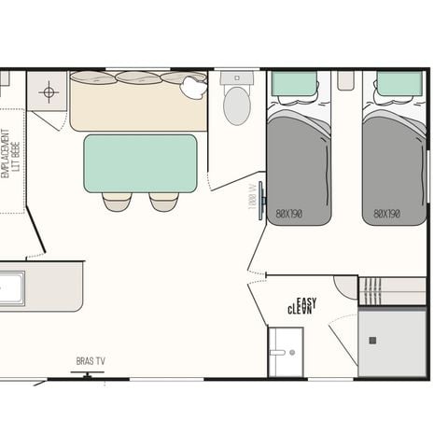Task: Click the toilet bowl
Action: tap(237, 106)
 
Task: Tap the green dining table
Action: tap(140, 163)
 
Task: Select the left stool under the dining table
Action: tap(117, 201)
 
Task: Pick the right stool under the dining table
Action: tap(163, 201)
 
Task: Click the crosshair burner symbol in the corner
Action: tap(49, 91)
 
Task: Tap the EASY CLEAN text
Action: tap(301, 305)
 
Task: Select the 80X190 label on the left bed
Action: tap(289, 214)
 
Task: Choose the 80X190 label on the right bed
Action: tap(387, 214)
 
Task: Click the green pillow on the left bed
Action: tap(294, 84)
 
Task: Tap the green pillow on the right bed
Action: tap(399, 84)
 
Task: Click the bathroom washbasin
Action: tap(285, 353)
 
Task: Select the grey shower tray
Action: tap(392, 343)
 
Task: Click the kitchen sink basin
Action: tap(11, 288)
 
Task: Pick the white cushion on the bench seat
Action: tap(194, 87)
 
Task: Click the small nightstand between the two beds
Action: tap(346, 81)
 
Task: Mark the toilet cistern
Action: tap(237, 79)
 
